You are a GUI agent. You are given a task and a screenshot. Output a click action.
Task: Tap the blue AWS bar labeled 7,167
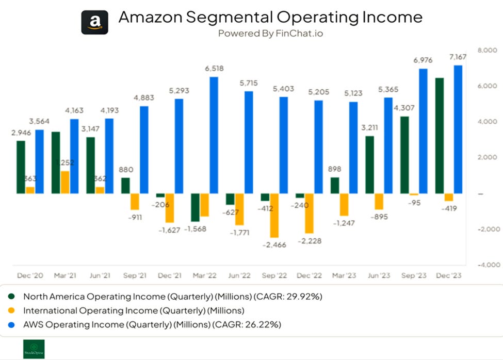pyautogui.click(x=457, y=129)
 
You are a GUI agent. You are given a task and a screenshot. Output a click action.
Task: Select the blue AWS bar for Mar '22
pyautogui.click(x=213, y=135)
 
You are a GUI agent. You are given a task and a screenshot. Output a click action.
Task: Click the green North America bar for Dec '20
pyautogui.click(x=21, y=167)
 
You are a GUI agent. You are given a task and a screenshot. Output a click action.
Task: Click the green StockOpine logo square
pyautogui.click(x=34, y=349)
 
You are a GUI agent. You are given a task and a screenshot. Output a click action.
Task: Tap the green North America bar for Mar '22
pyautogui.click(x=196, y=207)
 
